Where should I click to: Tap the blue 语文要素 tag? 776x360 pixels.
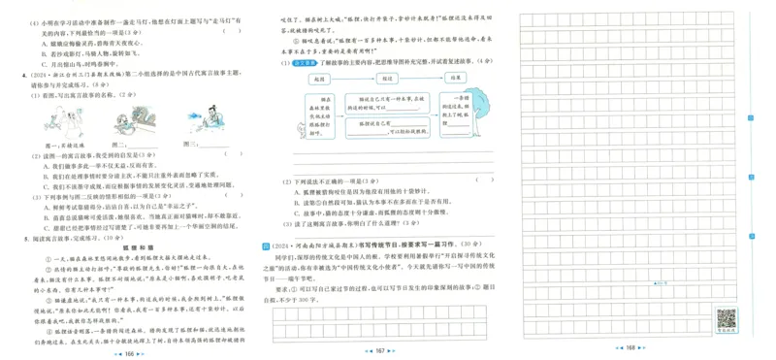coord(295,64)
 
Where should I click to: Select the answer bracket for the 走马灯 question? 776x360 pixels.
coord(233,29)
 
